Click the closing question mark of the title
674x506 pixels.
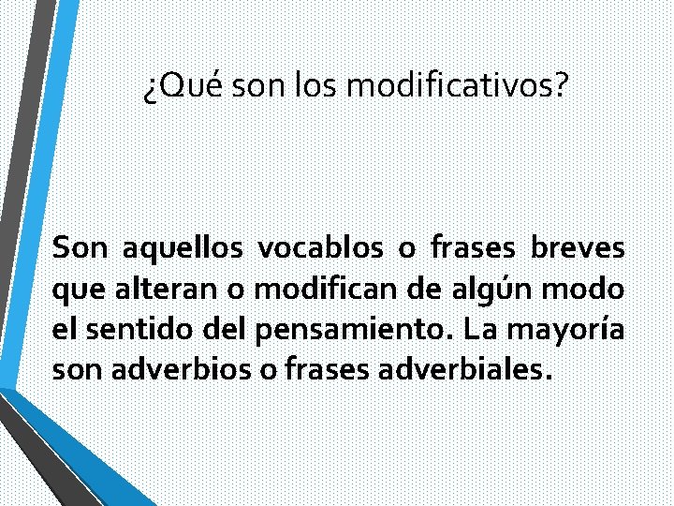[561, 87]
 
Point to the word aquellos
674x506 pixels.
[183, 249]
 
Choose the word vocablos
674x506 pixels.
[320, 249]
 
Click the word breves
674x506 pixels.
[577, 249]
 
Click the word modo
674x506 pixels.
[591, 290]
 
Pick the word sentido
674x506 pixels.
[131, 330]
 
